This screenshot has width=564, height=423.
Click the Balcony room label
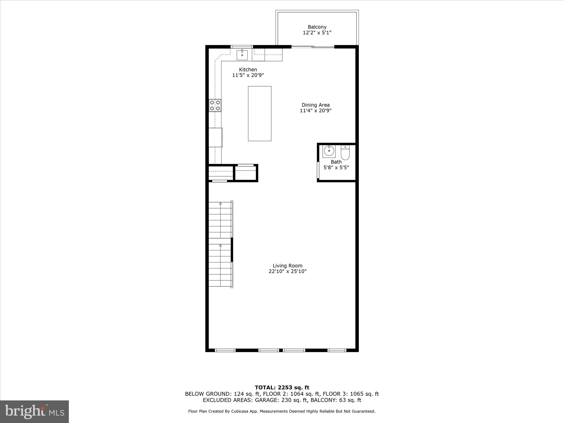[x=317, y=27]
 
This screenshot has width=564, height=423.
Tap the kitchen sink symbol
[x=242, y=55]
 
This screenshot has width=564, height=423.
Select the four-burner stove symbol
[x=215, y=105]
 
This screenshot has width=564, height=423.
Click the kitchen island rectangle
[x=259, y=113]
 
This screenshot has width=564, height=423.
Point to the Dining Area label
[x=315, y=105]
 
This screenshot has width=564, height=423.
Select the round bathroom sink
[x=329, y=151]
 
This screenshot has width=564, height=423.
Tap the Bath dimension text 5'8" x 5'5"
[x=336, y=167]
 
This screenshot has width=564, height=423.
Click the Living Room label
[x=287, y=266]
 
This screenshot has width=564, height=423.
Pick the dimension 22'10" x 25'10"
[x=287, y=272]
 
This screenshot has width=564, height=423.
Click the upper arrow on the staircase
[x=220, y=204]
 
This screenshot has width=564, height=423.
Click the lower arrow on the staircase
[x=220, y=245]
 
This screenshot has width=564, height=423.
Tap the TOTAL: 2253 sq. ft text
[x=282, y=388]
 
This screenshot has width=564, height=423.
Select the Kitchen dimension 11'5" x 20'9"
[x=248, y=75]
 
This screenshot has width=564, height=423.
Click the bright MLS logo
[x=34, y=411]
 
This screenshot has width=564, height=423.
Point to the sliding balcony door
[x=313, y=47]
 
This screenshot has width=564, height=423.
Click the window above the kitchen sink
[x=242, y=47]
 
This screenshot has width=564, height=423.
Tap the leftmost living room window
[x=225, y=350]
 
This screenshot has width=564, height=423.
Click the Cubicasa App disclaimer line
[x=282, y=411]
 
